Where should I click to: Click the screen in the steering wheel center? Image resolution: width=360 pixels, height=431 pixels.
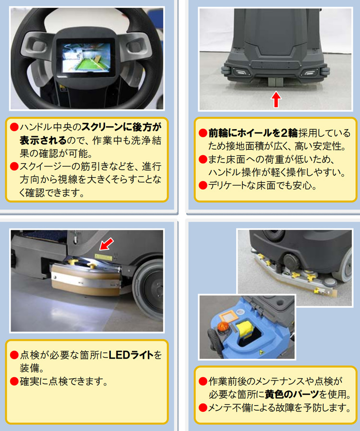(x=86, y=58)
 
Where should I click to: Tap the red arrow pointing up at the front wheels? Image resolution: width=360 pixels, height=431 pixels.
(x=276, y=99)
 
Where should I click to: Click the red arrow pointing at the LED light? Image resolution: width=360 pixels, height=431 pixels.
(x=107, y=244)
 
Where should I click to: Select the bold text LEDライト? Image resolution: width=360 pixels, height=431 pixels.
(x=131, y=355)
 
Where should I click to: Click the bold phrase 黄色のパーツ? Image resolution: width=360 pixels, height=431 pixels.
(x=292, y=395)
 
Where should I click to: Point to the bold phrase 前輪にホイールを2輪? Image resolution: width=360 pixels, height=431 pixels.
(x=253, y=133)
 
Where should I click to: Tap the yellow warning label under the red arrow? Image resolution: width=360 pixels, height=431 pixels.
(x=103, y=257)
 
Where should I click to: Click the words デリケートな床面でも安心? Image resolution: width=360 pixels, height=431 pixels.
(x=263, y=186)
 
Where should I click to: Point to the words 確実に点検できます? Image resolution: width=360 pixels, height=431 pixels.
(x=63, y=381)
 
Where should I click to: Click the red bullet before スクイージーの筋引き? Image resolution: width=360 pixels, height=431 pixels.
(x=14, y=166)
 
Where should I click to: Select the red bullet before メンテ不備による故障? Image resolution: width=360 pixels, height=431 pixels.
(x=203, y=407)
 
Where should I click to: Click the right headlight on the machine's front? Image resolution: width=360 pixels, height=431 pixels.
(x=309, y=72)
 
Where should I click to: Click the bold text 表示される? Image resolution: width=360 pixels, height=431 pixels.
(x=43, y=140)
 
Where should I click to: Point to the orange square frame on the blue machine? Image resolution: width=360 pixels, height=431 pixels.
(x=228, y=317)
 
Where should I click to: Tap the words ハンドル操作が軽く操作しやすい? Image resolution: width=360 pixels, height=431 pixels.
(x=277, y=172)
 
